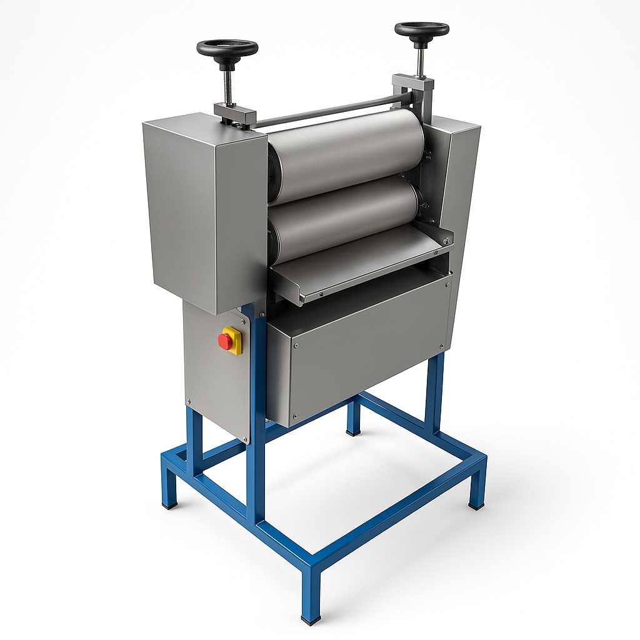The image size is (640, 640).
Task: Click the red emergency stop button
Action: [225, 341]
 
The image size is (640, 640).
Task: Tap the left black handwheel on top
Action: [227, 48]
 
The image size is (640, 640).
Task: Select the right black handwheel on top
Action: [421, 29]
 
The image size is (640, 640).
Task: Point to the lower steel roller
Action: [344, 216]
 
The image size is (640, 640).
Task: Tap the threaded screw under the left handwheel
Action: [229, 82]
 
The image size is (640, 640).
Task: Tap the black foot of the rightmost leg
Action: [476, 505]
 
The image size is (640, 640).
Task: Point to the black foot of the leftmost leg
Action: [169, 503]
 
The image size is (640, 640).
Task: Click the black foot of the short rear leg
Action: [354, 431]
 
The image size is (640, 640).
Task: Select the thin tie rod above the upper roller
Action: [331, 111]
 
